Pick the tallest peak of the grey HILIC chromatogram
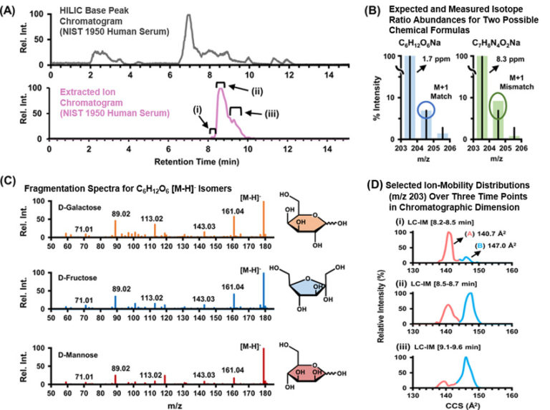click(x=189, y=18)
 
